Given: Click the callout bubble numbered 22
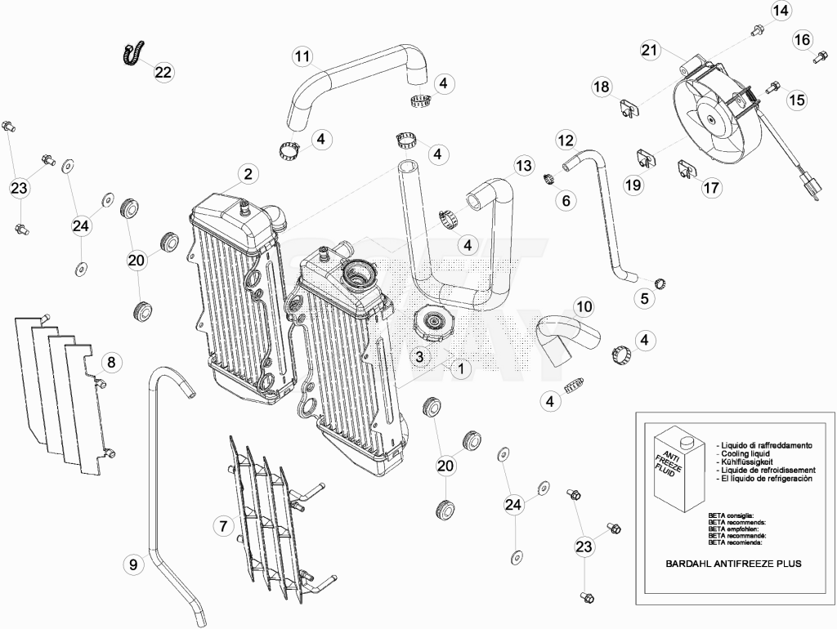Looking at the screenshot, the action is pyautogui.click(x=163, y=72).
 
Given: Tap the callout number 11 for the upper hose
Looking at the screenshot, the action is pyautogui.click(x=302, y=56).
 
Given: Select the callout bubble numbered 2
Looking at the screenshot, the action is pyautogui.click(x=248, y=173).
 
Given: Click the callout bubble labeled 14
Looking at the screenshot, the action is pyautogui.click(x=781, y=11).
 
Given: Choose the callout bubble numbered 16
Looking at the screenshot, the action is pyautogui.click(x=802, y=39).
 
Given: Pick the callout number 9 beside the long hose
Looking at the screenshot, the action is pyautogui.click(x=133, y=564).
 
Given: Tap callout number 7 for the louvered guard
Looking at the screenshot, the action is pyautogui.click(x=223, y=526).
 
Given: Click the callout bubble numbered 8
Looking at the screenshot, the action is pyautogui.click(x=111, y=363).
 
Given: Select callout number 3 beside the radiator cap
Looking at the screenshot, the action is pyautogui.click(x=419, y=356).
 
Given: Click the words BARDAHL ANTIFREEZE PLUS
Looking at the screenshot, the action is pyautogui.click(x=733, y=564).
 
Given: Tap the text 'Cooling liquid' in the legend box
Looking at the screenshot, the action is pyautogui.click(x=745, y=453).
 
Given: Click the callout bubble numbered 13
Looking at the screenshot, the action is pyautogui.click(x=524, y=165).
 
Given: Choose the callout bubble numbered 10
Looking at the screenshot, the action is pyautogui.click(x=584, y=306).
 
